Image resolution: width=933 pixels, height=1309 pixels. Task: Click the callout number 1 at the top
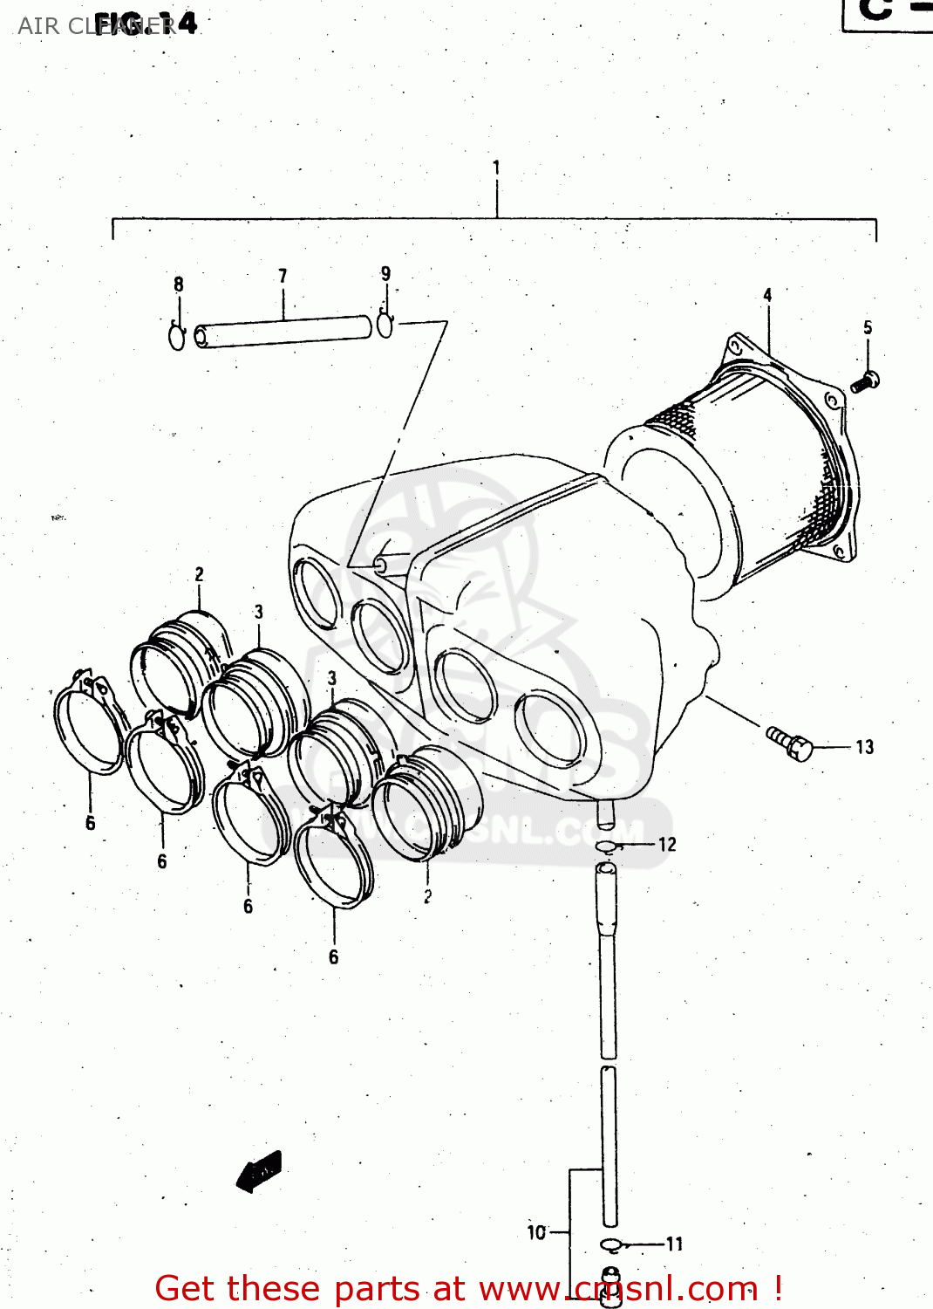496,167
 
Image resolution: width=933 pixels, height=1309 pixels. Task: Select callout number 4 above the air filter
767,295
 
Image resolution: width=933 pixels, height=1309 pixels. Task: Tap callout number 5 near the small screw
868,327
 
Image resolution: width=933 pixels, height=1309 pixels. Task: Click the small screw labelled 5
865,381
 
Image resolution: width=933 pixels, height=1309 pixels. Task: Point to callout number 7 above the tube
283,276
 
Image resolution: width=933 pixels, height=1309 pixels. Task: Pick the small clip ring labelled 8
177,337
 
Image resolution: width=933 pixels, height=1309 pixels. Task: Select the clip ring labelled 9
385,325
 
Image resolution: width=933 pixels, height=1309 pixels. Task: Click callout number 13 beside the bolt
864,747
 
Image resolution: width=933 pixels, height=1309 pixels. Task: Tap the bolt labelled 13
790,743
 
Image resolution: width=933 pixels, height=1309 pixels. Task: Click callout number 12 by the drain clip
667,844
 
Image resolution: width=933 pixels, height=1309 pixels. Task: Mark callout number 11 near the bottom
674,1244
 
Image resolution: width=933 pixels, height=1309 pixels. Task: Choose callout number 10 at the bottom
536,1232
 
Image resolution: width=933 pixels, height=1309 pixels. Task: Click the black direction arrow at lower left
259,1171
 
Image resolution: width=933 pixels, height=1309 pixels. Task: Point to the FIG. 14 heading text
146,24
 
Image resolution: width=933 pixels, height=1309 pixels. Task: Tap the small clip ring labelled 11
611,1244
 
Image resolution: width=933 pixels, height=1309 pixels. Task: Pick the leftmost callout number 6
90,823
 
